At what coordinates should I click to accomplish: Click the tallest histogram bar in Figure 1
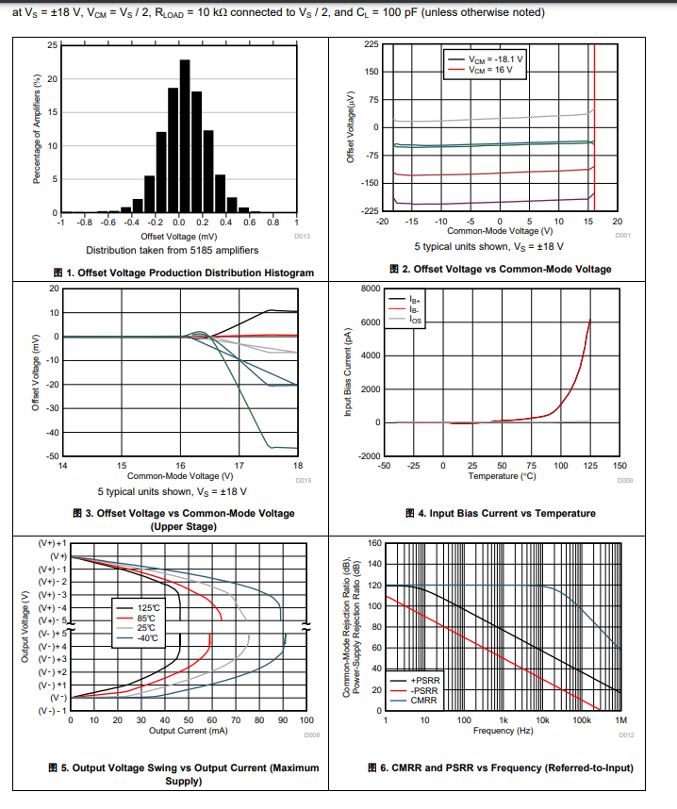click(185, 136)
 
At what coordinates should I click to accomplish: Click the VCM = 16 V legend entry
click(491, 69)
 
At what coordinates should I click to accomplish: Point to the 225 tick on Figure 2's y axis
click(372, 44)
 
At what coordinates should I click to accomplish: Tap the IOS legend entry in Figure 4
click(415, 321)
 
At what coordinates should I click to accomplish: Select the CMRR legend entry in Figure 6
click(421, 700)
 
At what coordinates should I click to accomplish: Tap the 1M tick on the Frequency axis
click(620, 720)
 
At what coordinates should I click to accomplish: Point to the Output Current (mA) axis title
click(189, 731)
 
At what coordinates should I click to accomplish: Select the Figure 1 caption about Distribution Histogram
click(183, 272)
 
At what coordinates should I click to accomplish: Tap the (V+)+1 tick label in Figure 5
click(52, 544)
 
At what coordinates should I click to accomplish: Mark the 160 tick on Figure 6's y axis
click(374, 543)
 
